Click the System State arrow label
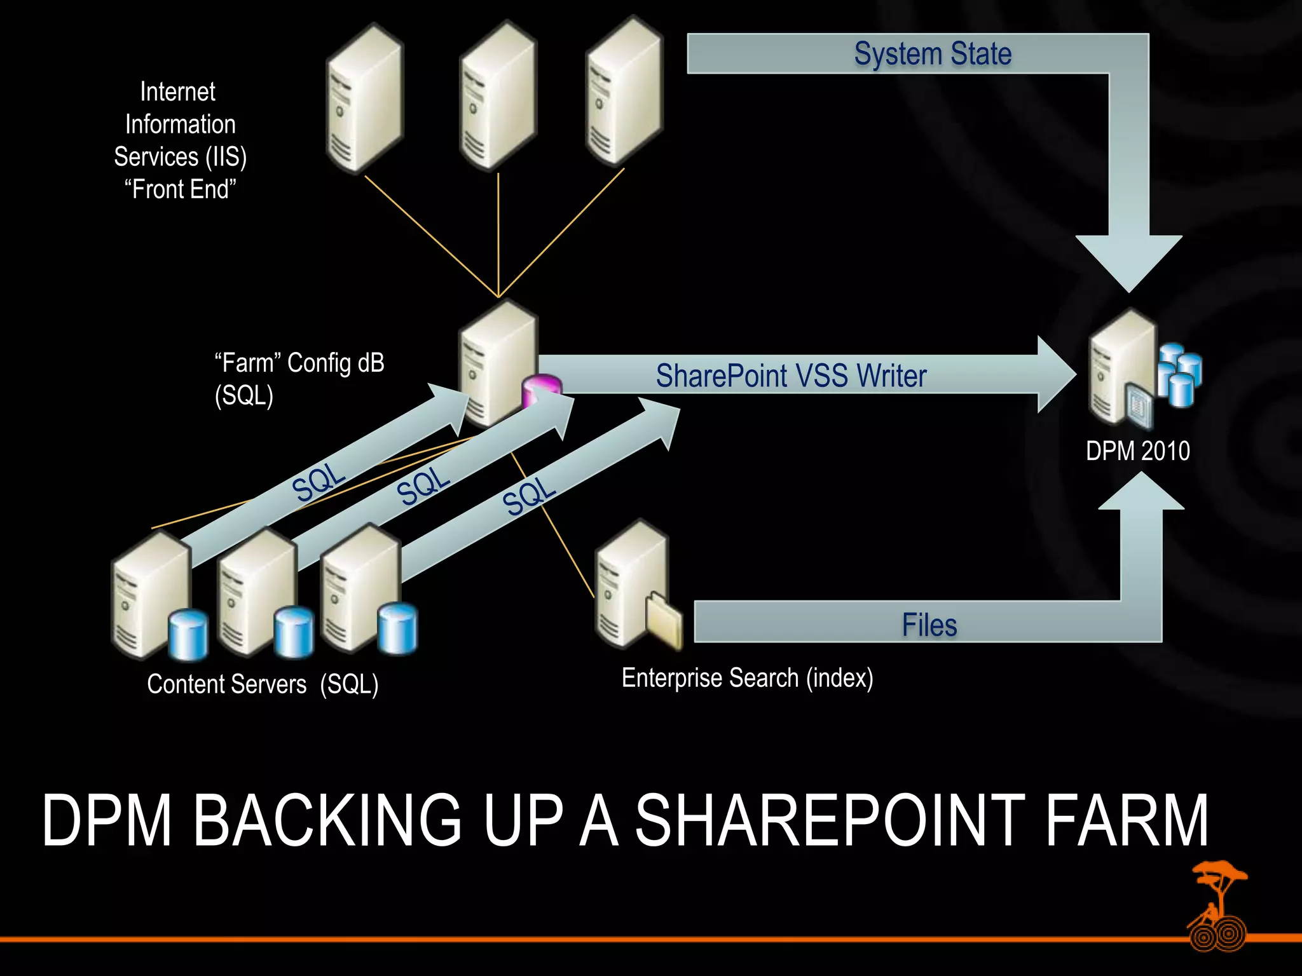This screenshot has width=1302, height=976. click(x=932, y=54)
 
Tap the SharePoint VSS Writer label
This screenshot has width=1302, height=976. click(x=791, y=376)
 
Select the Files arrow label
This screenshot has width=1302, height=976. click(x=929, y=625)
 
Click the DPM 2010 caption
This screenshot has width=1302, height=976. click(x=1137, y=451)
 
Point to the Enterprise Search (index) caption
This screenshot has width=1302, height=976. click(x=747, y=678)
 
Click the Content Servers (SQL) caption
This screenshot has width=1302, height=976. click(x=263, y=684)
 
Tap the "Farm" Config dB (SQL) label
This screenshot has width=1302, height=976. click(x=299, y=379)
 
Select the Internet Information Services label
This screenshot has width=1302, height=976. click(x=180, y=140)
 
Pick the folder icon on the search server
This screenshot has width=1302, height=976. click(x=663, y=620)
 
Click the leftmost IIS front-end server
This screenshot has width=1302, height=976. click(x=364, y=98)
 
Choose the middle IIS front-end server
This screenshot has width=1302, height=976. click(x=498, y=95)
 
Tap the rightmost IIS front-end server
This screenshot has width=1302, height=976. click(x=624, y=92)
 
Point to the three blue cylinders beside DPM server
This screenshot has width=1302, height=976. click(x=1179, y=374)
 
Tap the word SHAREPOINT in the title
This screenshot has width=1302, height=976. click(x=829, y=821)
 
